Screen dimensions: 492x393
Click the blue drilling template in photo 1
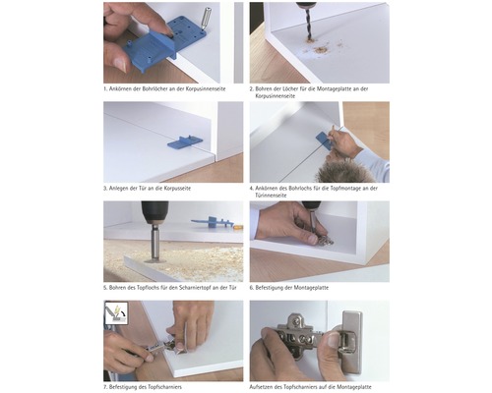[x=164, y=43]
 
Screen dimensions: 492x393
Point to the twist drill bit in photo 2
[x=308, y=23]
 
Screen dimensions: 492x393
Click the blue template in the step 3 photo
[x=185, y=142]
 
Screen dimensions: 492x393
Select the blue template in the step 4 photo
[x=325, y=140]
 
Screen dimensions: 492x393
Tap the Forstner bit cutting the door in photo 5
[x=154, y=244]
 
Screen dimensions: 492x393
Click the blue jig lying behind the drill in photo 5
[x=214, y=223]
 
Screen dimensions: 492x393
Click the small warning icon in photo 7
[x=116, y=312]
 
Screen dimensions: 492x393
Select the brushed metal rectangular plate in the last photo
[x=352, y=342]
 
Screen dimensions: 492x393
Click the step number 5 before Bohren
[x=105, y=288]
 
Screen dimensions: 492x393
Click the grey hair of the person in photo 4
[x=344, y=171]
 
